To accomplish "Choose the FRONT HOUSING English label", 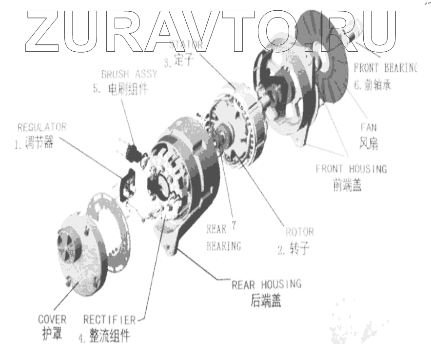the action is coord(351,169).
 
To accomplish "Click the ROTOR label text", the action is coord(299,232).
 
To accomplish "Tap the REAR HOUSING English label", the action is coord(266,283).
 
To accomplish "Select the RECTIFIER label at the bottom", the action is coord(109,320).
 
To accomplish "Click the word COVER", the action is coord(52,320).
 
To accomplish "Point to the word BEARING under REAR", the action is coord(224,246).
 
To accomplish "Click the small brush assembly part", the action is coord(133,153).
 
